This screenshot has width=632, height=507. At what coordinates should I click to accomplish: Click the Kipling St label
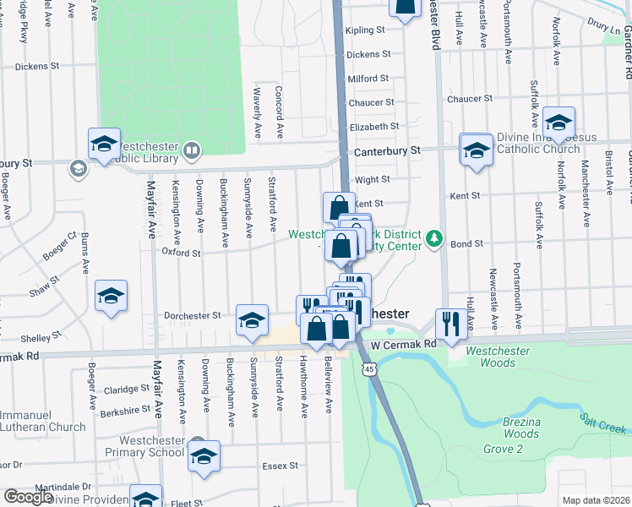[x=365, y=30]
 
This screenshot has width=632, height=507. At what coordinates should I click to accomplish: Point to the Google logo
[x=28, y=497]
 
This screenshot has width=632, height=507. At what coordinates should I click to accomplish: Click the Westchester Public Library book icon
[x=192, y=151]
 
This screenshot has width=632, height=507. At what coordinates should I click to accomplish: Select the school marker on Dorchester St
[x=252, y=319]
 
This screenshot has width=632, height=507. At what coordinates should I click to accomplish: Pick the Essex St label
[x=281, y=465]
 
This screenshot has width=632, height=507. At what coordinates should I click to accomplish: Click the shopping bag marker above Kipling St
[x=405, y=8]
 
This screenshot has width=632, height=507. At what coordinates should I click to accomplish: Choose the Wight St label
[x=372, y=179]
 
